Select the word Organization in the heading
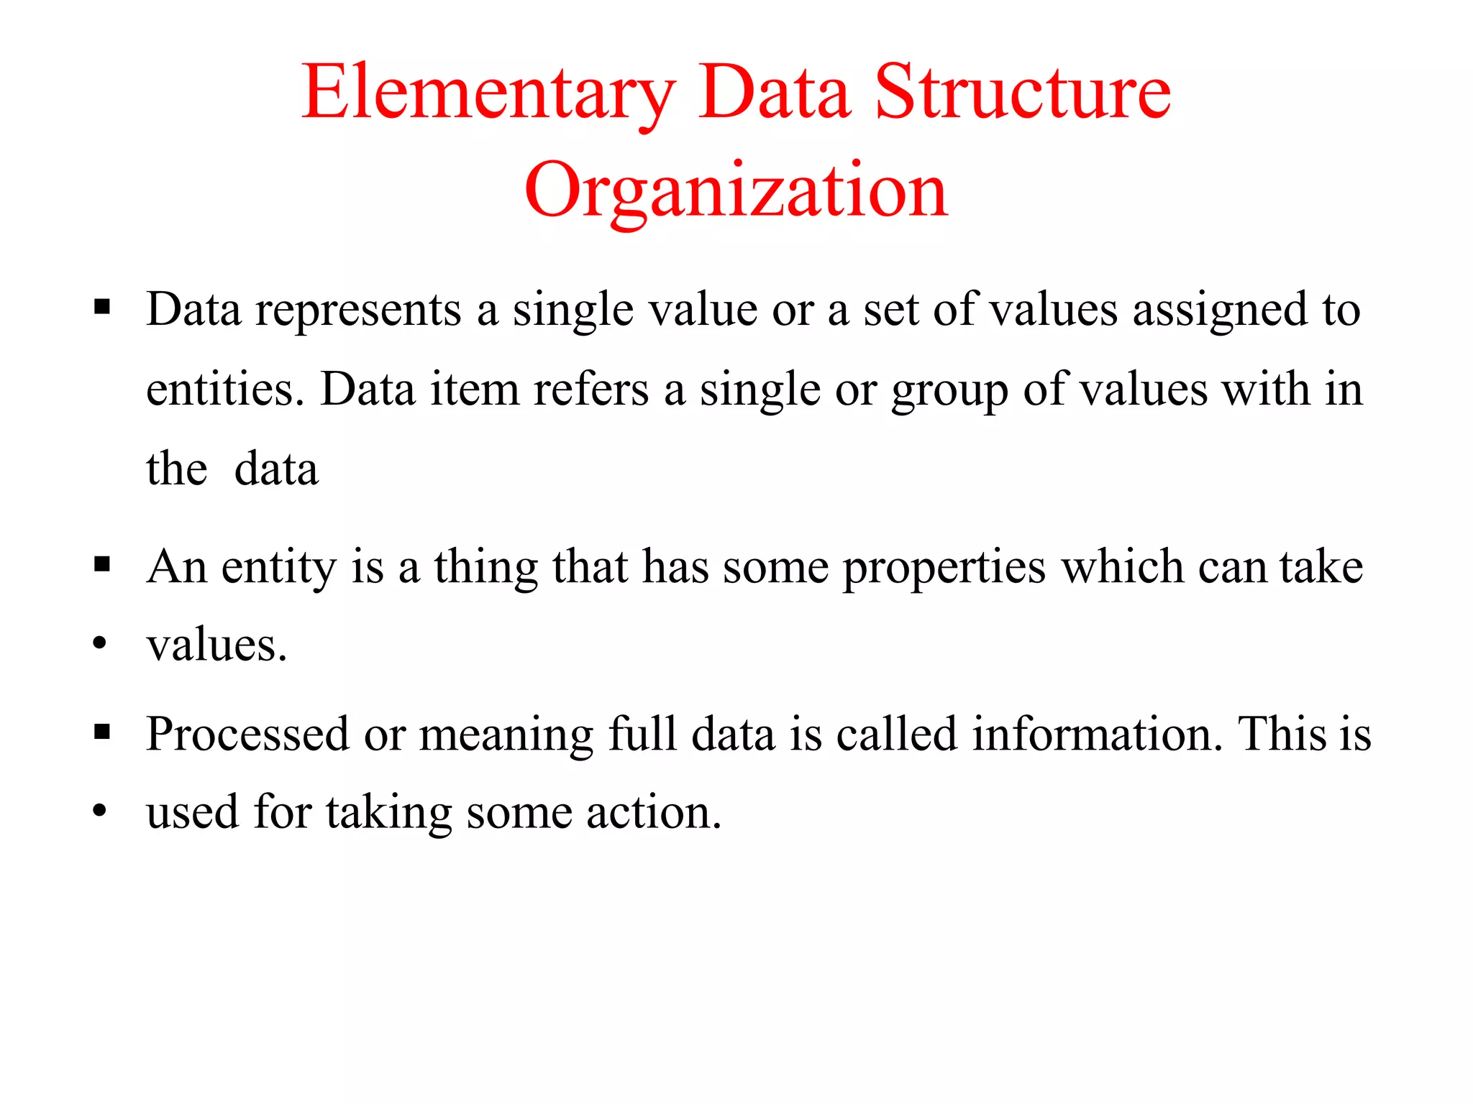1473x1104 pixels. [x=736, y=191]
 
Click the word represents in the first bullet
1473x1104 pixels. [x=358, y=310]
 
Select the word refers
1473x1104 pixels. [x=591, y=390]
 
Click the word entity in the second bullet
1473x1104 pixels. [x=278, y=568]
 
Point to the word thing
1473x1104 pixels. [x=485, y=568]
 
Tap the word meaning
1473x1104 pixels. [x=506, y=736]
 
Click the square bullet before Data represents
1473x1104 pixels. [x=102, y=308]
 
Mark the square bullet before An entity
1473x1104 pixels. [x=102, y=565]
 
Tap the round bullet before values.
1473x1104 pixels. [x=100, y=643]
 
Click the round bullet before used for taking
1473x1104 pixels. [x=100, y=811]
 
